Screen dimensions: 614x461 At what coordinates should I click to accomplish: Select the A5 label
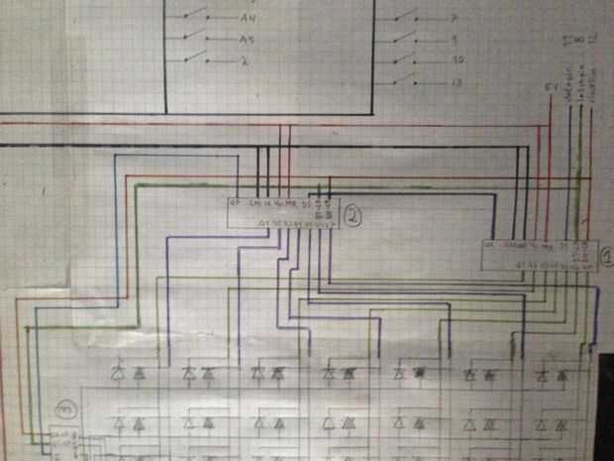click(x=247, y=40)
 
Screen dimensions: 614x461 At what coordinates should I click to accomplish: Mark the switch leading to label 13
click(x=404, y=80)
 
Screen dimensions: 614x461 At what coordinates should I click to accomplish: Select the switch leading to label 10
click(x=404, y=58)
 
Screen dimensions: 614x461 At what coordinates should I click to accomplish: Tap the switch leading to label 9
click(x=404, y=38)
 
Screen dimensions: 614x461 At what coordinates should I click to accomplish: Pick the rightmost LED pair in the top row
click(x=550, y=375)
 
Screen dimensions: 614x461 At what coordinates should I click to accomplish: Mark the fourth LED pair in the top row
click(x=338, y=375)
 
